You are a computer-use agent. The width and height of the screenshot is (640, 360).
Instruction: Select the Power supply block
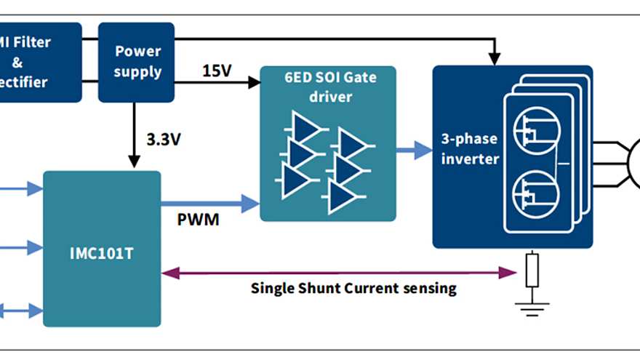(x=137, y=62)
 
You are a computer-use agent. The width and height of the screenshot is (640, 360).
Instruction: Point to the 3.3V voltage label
(x=164, y=139)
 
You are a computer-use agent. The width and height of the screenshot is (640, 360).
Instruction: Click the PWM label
(x=198, y=218)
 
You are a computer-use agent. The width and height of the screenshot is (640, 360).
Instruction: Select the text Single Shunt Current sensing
(x=353, y=288)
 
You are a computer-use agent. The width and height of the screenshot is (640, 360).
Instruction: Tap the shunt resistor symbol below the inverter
(x=532, y=271)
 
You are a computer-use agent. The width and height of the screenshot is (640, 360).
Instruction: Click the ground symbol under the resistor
(x=532, y=305)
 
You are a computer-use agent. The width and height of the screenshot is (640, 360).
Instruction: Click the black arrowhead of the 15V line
(x=255, y=83)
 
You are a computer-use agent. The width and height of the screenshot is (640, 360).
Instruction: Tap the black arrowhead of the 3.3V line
(x=134, y=161)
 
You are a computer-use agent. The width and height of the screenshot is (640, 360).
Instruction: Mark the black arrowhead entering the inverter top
(x=496, y=57)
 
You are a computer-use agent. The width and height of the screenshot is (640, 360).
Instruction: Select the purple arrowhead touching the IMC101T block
(x=168, y=273)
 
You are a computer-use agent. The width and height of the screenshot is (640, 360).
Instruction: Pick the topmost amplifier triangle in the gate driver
(x=308, y=127)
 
